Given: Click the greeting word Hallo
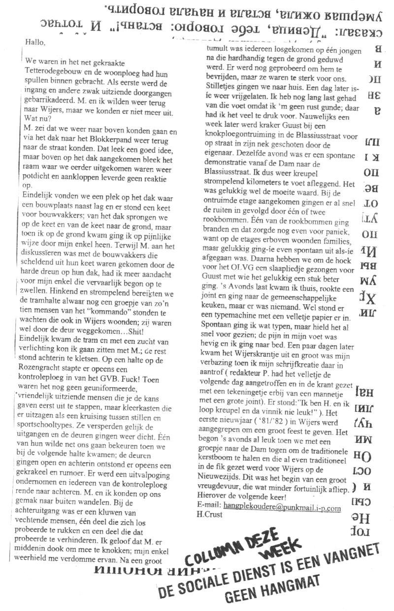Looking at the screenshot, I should click(35, 42).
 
